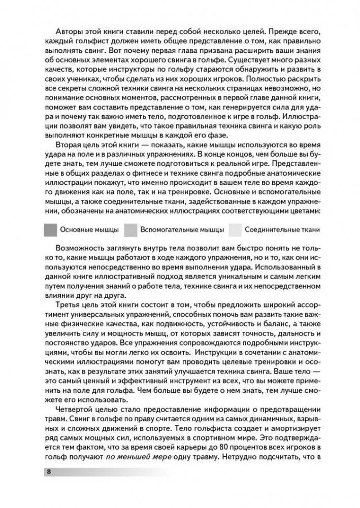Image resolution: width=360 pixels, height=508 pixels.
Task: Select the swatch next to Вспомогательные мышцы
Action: (130, 229)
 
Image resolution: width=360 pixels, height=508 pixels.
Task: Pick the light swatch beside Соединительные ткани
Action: (235, 229)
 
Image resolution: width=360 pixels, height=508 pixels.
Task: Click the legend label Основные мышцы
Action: (89, 229)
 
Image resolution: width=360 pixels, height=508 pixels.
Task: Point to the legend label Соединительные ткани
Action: (282, 229)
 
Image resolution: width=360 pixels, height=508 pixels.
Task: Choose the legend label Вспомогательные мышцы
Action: (182, 229)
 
